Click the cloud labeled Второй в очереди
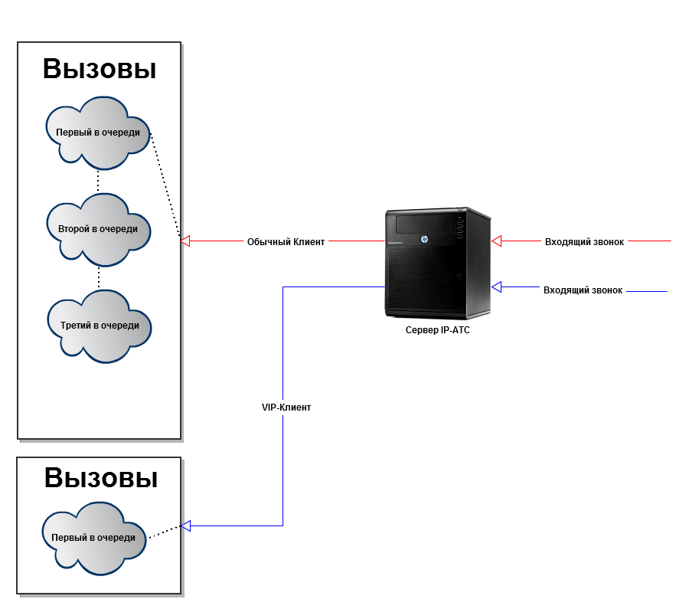[98, 228]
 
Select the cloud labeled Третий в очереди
[100, 326]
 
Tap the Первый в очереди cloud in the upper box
[98, 133]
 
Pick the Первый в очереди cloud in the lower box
[93, 538]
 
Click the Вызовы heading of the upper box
[100, 69]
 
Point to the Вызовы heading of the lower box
[101, 478]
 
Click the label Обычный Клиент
[286, 242]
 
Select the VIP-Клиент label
[286, 408]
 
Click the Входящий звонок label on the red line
[584, 242]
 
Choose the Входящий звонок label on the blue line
[583, 290]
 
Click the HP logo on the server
[423, 239]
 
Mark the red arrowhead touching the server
[496, 241]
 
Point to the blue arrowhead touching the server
[496, 287]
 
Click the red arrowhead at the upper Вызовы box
[185, 241]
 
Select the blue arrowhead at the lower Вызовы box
[185, 526]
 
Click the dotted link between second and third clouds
[99, 277]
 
